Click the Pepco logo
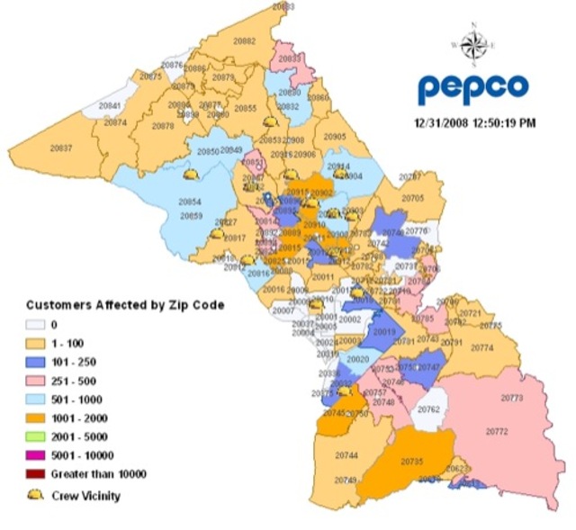coord(472,87)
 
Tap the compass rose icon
coord(472,40)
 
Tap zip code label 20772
coord(497,432)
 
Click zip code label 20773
coord(511,397)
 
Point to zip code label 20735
coord(411,461)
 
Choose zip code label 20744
coord(346,455)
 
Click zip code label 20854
coord(190,202)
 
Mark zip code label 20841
coord(110,106)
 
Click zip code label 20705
coord(412,197)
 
